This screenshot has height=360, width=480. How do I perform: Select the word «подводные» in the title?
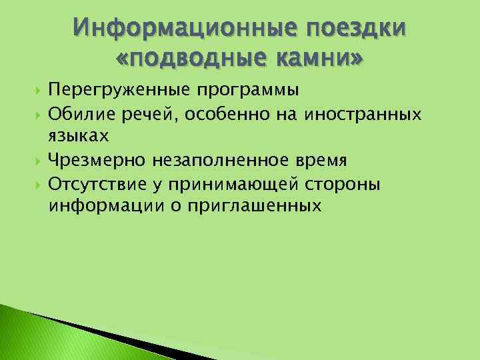193,60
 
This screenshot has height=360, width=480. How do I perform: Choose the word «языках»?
79,137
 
